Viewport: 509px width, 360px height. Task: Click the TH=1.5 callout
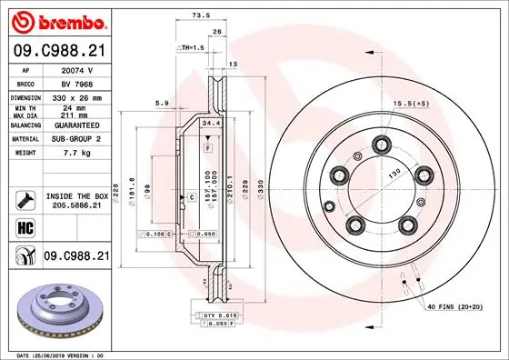coord(191,46)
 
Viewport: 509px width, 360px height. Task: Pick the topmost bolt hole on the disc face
coord(380,143)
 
